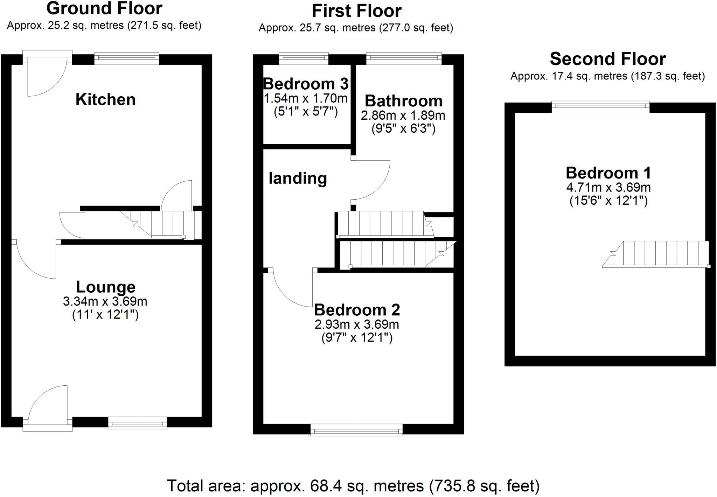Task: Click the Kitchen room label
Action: pyautogui.click(x=105, y=100)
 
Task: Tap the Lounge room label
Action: pyautogui.click(x=106, y=287)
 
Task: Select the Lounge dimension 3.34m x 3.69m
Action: pyautogui.click(x=105, y=301)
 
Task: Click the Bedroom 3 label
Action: pyautogui.click(x=306, y=84)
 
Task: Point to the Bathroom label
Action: pyautogui.click(x=403, y=101)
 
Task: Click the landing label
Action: pyautogui.click(x=298, y=178)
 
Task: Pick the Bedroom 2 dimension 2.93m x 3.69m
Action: pyautogui.click(x=357, y=324)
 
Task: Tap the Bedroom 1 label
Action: pyautogui.click(x=608, y=173)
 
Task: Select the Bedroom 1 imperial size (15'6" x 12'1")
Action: pyautogui.click(x=608, y=201)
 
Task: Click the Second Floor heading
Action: pyautogui.click(x=608, y=59)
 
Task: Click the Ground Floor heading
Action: pyautogui.click(x=104, y=8)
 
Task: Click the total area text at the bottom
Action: pyautogui.click(x=353, y=486)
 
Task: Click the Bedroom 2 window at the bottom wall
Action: pyautogui.click(x=356, y=430)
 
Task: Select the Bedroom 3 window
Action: pyautogui.click(x=304, y=58)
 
